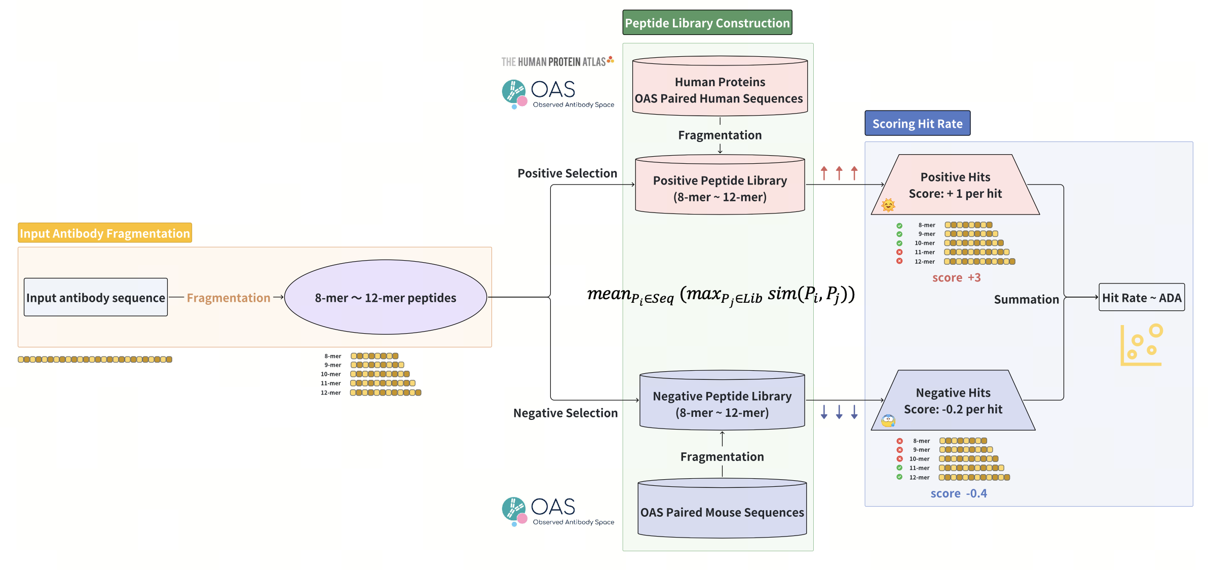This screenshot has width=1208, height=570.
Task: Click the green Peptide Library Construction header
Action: tap(707, 23)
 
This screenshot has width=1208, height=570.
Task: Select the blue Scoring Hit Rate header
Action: tap(917, 124)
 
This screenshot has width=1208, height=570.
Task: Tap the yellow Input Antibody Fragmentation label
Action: tap(105, 233)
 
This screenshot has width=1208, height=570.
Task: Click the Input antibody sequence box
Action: tap(96, 298)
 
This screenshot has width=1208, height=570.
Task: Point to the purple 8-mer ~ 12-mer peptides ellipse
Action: tap(385, 298)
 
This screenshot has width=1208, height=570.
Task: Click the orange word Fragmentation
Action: tap(228, 298)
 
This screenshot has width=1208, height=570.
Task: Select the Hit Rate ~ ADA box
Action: tap(1141, 298)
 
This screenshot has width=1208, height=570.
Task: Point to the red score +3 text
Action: tap(956, 278)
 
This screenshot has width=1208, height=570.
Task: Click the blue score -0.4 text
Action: tap(958, 493)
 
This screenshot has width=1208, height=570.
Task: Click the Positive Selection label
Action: tap(567, 173)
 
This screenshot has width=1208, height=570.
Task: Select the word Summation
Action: tap(1026, 300)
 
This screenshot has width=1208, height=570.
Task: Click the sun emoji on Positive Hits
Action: tap(888, 205)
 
